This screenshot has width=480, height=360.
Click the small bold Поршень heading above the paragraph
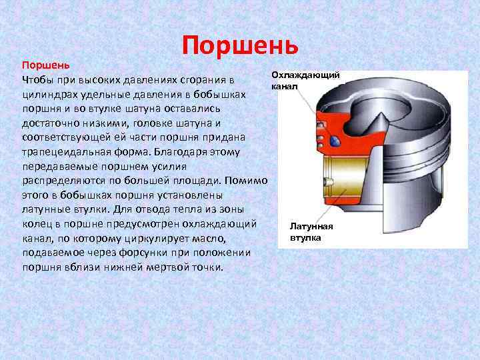click(x=44, y=66)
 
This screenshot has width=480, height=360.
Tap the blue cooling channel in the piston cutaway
click(x=335, y=142)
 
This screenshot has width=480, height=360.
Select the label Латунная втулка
click(x=311, y=232)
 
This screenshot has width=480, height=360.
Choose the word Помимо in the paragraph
click(x=247, y=180)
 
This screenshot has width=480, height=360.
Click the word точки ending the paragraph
click(x=208, y=267)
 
